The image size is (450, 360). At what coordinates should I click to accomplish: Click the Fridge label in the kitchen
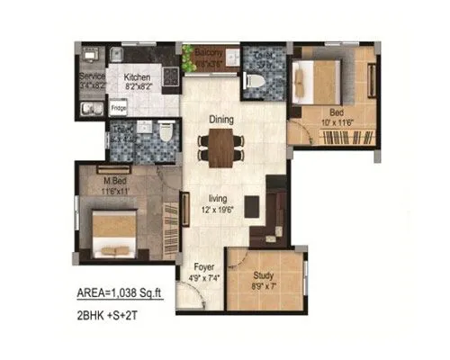[118, 108]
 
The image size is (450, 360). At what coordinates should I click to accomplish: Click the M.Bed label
[113, 183]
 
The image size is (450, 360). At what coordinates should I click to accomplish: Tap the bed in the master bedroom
[110, 229]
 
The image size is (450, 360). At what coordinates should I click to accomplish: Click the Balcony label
[209, 54]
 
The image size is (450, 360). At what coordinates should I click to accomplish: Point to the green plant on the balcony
[190, 53]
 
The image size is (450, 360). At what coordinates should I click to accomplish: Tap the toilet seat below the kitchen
[166, 138]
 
